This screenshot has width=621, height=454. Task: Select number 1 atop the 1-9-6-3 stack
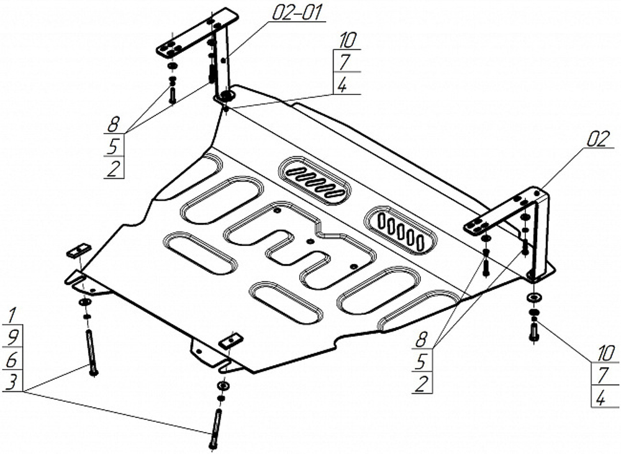coord(12,314)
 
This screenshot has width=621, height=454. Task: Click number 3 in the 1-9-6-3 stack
coord(12,381)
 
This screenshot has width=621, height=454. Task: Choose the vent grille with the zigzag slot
coord(315,181)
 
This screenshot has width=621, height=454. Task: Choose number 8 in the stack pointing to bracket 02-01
coord(113,124)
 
